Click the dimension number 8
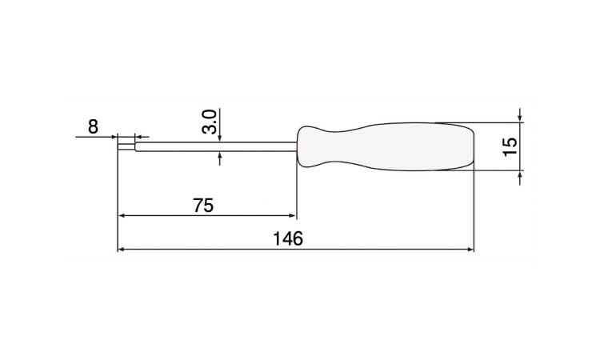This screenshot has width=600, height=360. point(93,126)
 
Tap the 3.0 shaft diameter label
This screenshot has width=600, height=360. point(210,122)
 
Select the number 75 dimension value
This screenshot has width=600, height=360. point(203,206)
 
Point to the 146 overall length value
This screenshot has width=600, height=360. point(288,238)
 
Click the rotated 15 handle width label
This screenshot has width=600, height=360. point(510,146)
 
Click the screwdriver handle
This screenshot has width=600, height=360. point(386,146)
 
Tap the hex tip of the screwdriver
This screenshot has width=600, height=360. point(126,146)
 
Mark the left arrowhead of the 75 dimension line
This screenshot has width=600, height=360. point(122,216)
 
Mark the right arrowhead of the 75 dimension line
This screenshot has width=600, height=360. point(292,216)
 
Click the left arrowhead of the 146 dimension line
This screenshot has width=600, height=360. point(122,250)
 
